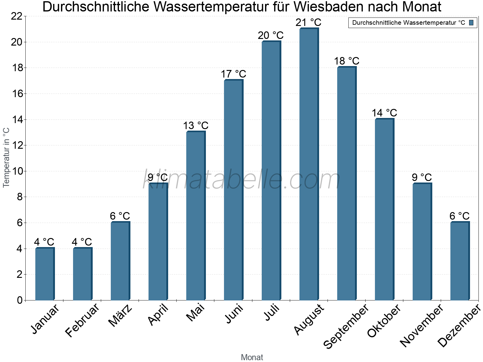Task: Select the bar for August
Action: click(x=309, y=164)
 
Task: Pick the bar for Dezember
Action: click(x=460, y=261)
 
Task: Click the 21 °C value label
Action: click(x=308, y=23)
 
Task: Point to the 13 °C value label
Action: click(x=196, y=125)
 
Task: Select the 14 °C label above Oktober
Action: click(x=384, y=113)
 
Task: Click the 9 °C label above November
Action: click(x=422, y=177)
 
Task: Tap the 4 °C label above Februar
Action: click(x=82, y=242)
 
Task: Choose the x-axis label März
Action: click(x=120, y=316)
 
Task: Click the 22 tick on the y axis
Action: click(x=17, y=16)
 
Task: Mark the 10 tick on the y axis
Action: click(x=17, y=171)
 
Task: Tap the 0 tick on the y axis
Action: click(x=20, y=300)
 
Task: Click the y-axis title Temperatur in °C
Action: click(x=6, y=157)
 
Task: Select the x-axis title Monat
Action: click(x=252, y=357)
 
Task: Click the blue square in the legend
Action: click(x=471, y=23)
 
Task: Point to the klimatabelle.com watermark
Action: click(x=241, y=180)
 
